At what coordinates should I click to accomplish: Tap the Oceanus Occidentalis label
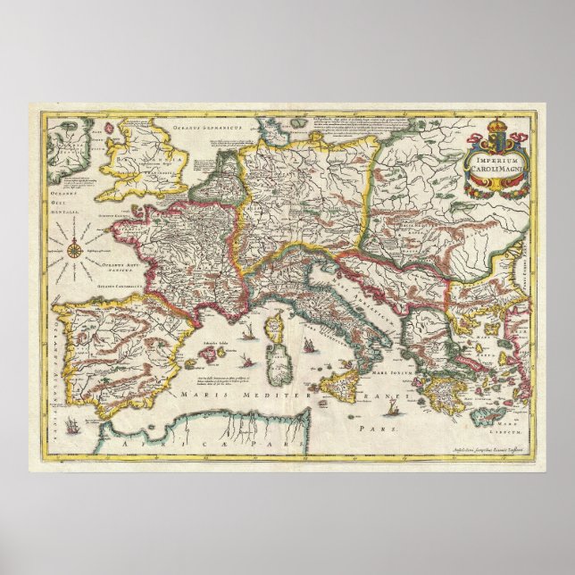coord(62,199)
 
